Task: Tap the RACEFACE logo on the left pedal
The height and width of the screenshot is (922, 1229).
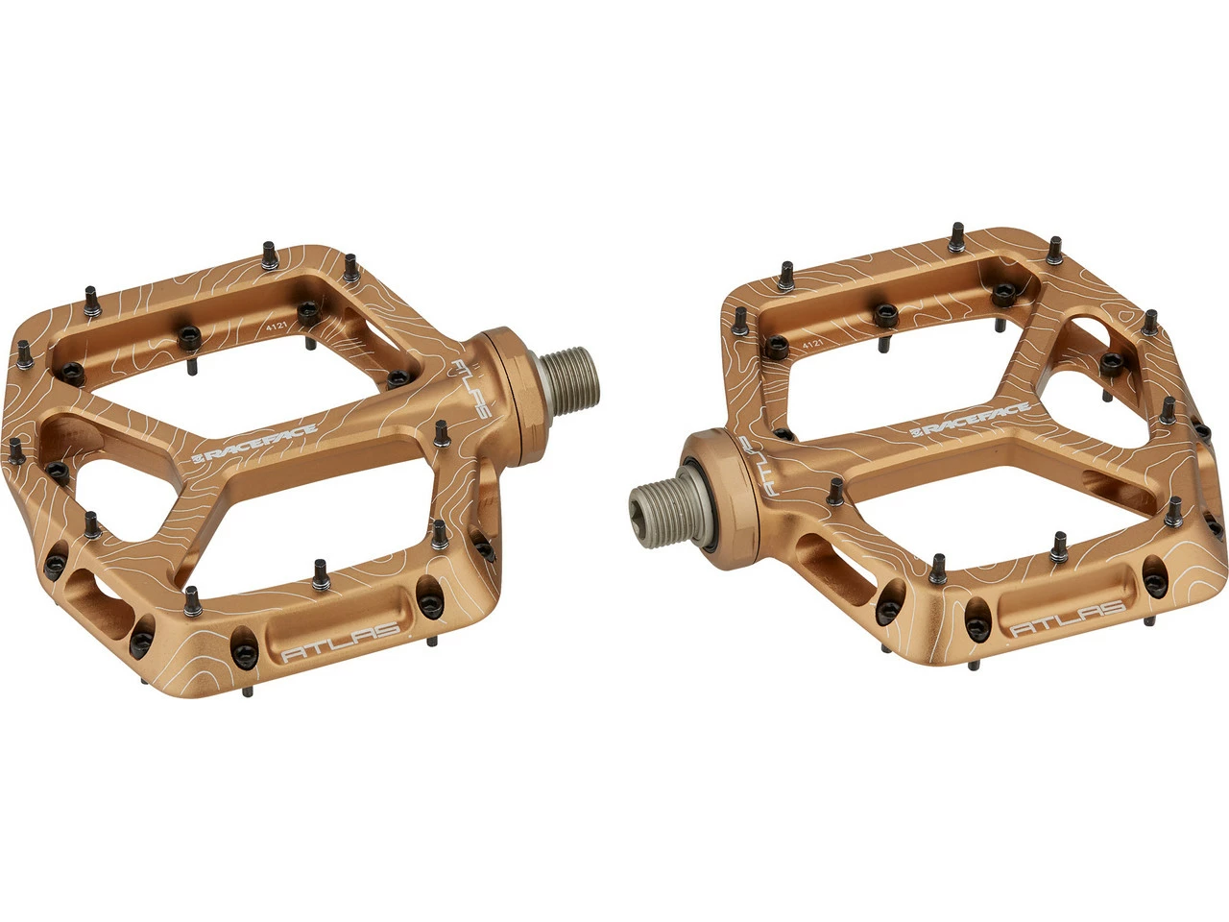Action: tap(254, 444)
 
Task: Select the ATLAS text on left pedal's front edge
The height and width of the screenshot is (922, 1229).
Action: tap(341, 641)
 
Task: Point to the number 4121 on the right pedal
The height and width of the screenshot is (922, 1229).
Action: tap(811, 346)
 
